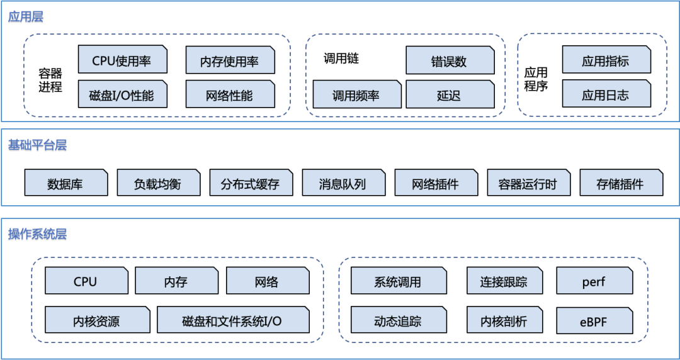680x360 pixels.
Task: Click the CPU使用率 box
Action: point(123,60)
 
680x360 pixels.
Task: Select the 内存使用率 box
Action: point(230,60)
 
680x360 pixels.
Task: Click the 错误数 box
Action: point(450,60)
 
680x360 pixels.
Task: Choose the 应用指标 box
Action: point(606,60)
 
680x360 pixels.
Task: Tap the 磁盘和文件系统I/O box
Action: point(233,320)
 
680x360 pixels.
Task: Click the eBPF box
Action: point(594,320)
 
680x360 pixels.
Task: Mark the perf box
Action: point(594,281)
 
